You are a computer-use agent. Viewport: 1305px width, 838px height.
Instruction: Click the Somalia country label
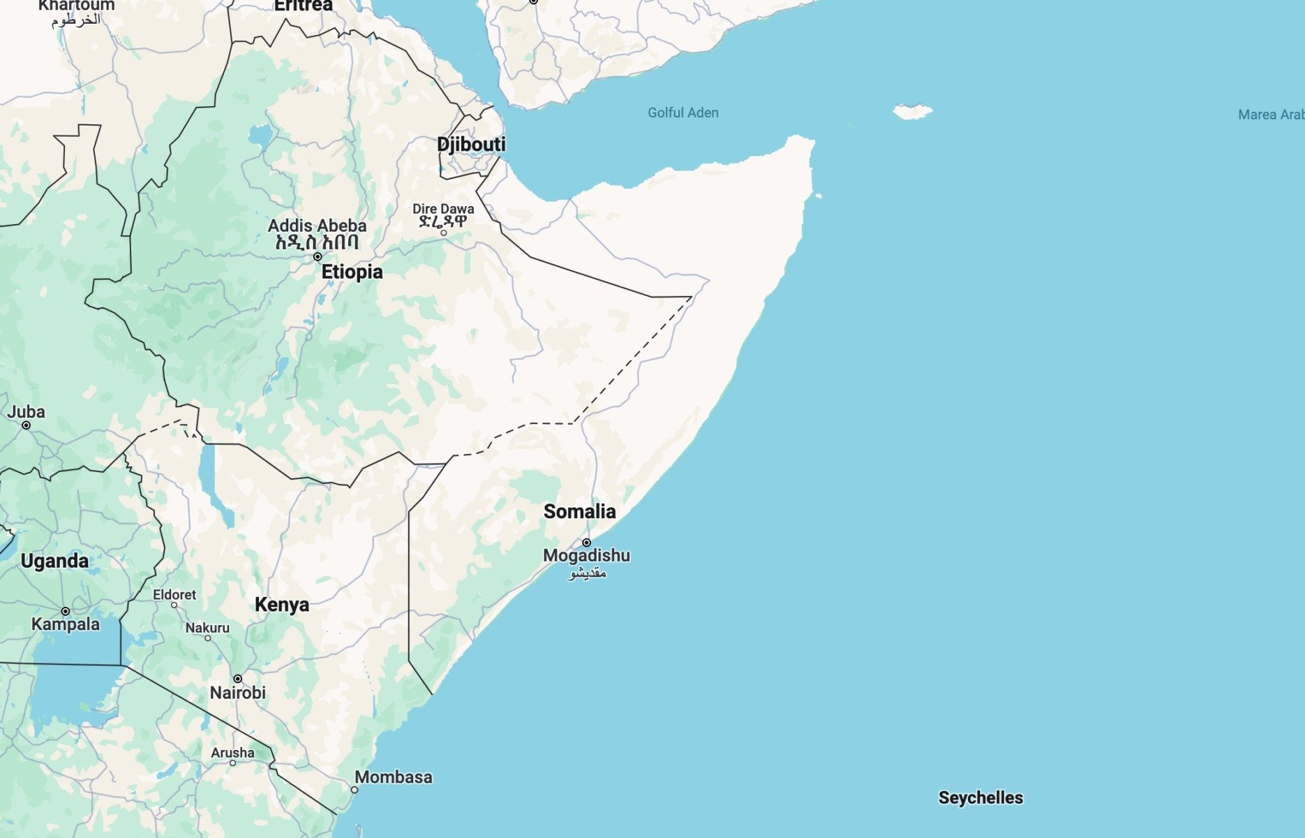pyautogui.click(x=579, y=512)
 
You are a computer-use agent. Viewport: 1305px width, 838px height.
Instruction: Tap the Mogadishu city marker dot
pyautogui.click(x=586, y=543)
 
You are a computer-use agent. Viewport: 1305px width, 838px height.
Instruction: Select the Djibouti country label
pyautogui.click(x=471, y=145)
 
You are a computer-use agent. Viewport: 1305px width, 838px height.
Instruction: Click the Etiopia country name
pyautogui.click(x=352, y=272)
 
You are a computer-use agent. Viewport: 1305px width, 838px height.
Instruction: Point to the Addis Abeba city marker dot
pyautogui.click(x=318, y=256)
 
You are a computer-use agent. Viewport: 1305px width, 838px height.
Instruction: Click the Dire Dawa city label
pyautogui.click(x=442, y=209)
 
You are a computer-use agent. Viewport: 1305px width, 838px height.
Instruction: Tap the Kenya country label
pyautogui.click(x=281, y=605)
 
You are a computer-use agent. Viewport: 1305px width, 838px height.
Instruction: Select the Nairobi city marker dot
pyautogui.click(x=237, y=679)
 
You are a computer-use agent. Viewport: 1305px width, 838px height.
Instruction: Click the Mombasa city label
pyautogui.click(x=393, y=777)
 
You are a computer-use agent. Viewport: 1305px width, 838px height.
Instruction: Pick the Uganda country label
pyautogui.click(x=54, y=561)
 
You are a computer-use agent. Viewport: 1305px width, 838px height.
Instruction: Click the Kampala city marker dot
pyautogui.click(x=66, y=611)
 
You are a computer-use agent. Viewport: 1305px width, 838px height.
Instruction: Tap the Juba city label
pyautogui.click(x=26, y=412)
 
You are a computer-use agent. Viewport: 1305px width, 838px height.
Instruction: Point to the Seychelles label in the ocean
pyautogui.click(x=980, y=797)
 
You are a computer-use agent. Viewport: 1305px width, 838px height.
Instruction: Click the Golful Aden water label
pyautogui.click(x=683, y=113)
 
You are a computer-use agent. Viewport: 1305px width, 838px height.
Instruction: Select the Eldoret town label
pyautogui.click(x=174, y=595)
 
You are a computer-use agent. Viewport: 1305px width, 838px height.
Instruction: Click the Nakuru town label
pyautogui.click(x=207, y=628)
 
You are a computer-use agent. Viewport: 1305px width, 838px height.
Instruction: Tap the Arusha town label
pyautogui.click(x=232, y=753)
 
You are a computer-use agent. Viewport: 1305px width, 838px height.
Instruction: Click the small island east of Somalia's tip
pyautogui.click(x=912, y=111)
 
